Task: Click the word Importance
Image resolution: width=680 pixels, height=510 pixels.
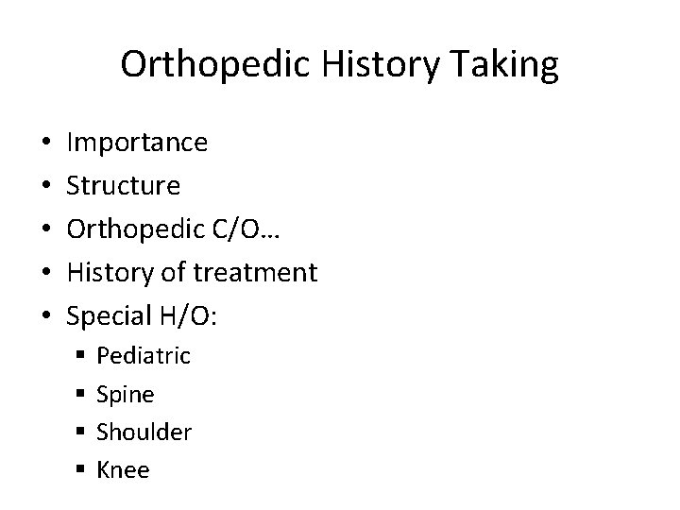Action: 138,143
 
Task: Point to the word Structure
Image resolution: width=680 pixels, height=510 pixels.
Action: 124,186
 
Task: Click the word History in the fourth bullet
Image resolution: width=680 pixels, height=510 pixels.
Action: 107,273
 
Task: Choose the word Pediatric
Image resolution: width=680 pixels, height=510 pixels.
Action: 144,356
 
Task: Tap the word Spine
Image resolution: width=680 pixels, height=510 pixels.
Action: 126,395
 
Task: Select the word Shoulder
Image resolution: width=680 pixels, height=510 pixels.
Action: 144,433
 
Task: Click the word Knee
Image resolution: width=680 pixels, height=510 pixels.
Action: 124,470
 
